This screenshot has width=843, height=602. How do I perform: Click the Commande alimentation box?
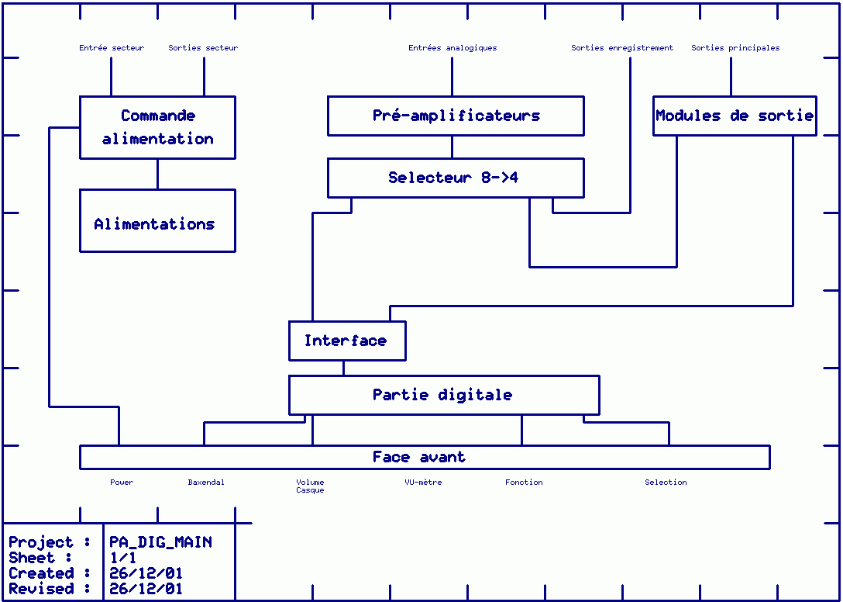point(157,127)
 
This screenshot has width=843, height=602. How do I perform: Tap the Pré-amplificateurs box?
point(456,116)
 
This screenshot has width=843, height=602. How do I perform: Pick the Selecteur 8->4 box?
point(456,178)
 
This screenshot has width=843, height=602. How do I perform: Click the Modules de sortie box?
point(735,116)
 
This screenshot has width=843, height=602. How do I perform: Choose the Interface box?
point(346,341)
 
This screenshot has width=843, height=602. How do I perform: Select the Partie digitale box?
point(443,395)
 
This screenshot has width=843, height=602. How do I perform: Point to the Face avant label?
point(419,457)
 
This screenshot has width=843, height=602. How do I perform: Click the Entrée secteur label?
point(112,48)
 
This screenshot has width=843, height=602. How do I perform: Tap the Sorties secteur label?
point(203,48)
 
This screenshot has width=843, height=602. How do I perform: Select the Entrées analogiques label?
point(452,48)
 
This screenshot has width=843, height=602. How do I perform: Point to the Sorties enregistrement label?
point(622,48)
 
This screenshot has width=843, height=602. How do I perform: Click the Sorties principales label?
point(735,48)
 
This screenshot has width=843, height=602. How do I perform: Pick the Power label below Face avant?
point(122,483)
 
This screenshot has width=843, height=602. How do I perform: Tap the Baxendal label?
point(206,483)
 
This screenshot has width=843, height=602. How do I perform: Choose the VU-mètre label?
point(423,483)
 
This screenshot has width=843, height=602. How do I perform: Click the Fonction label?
point(524,483)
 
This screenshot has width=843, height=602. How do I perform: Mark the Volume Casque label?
point(310,486)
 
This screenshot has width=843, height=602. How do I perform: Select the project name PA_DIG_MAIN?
point(160,542)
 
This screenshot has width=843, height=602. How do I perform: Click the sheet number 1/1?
point(122,558)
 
